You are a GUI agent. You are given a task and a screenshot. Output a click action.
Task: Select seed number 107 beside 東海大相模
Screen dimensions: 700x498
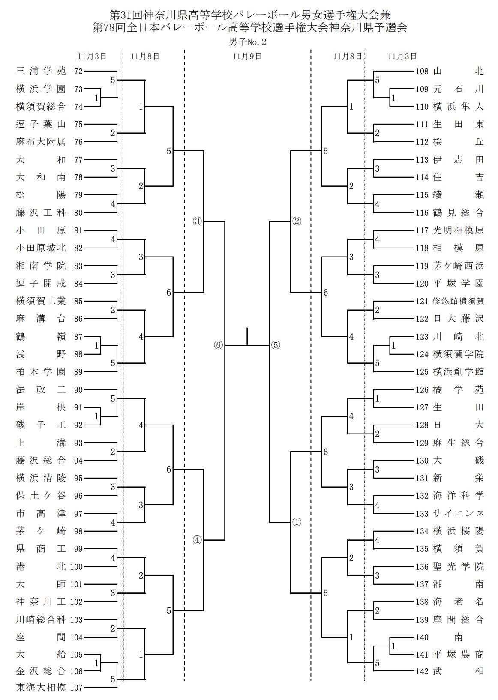pyautogui.click(x=76, y=688)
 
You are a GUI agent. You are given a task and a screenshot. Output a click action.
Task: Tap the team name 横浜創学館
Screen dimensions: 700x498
pyautogui.click(x=459, y=372)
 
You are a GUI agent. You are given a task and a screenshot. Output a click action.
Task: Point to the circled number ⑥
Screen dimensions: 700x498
pyautogui.click(x=219, y=345)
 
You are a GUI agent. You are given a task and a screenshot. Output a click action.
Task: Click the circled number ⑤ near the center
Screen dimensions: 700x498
pyautogui.click(x=275, y=345)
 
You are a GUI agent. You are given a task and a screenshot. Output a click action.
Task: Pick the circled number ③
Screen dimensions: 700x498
pyautogui.click(x=197, y=221)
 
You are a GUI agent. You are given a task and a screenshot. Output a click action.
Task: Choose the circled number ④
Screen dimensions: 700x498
pyautogui.click(x=197, y=540)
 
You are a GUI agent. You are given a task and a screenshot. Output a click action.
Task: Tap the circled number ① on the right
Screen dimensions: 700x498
pyautogui.click(x=297, y=523)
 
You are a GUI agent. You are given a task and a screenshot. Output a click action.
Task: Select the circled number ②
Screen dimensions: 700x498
pyautogui.click(x=297, y=221)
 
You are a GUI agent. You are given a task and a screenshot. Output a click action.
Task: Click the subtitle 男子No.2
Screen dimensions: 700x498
pyautogui.click(x=248, y=42)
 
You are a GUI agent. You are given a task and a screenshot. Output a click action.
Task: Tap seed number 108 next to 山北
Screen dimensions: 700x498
pyautogui.click(x=422, y=71)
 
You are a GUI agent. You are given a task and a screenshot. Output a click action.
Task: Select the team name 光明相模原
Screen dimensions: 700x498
pyautogui.click(x=459, y=230)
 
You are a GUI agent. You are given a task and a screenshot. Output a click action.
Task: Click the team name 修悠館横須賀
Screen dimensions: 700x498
pyautogui.click(x=459, y=301)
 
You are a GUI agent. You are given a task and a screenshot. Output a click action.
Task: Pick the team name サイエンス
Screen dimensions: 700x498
pyautogui.click(x=459, y=514)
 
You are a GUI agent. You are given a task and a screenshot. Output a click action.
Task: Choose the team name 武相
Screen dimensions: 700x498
pyautogui.click(x=459, y=672)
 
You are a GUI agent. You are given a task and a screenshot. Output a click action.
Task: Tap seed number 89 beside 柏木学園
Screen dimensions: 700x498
pyautogui.click(x=78, y=372)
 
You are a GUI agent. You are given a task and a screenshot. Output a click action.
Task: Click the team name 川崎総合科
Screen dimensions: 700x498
pyautogui.click(x=41, y=620)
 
